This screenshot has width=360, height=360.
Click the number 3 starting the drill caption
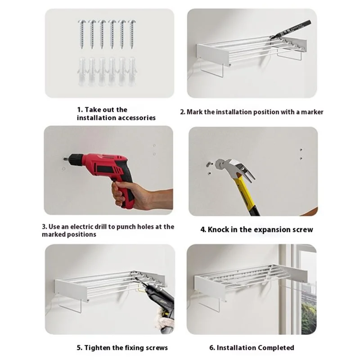(x=44, y=227)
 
